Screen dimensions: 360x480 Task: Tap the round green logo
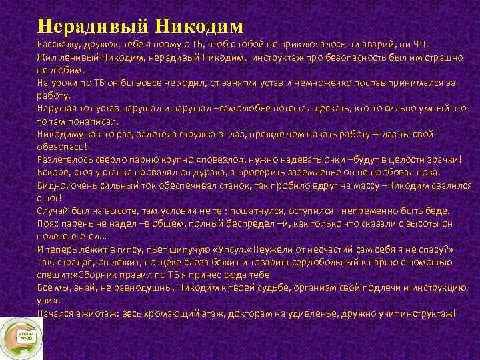pos(21,337)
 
